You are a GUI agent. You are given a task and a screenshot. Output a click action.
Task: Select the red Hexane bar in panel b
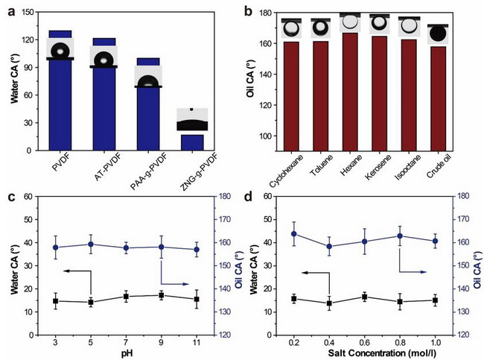(348, 92)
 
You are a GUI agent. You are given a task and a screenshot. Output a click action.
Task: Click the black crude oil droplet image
(438, 34)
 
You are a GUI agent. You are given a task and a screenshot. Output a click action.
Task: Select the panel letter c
(11, 198)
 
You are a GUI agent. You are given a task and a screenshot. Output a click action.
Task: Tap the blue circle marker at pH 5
(91, 244)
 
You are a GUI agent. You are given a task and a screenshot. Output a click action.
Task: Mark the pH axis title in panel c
(127, 353)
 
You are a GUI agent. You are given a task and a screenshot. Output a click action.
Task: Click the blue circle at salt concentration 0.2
(294, 234)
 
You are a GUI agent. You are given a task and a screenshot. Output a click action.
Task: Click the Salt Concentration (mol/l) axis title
(382, 353)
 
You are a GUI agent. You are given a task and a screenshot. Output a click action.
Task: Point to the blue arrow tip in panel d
(426, 272)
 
